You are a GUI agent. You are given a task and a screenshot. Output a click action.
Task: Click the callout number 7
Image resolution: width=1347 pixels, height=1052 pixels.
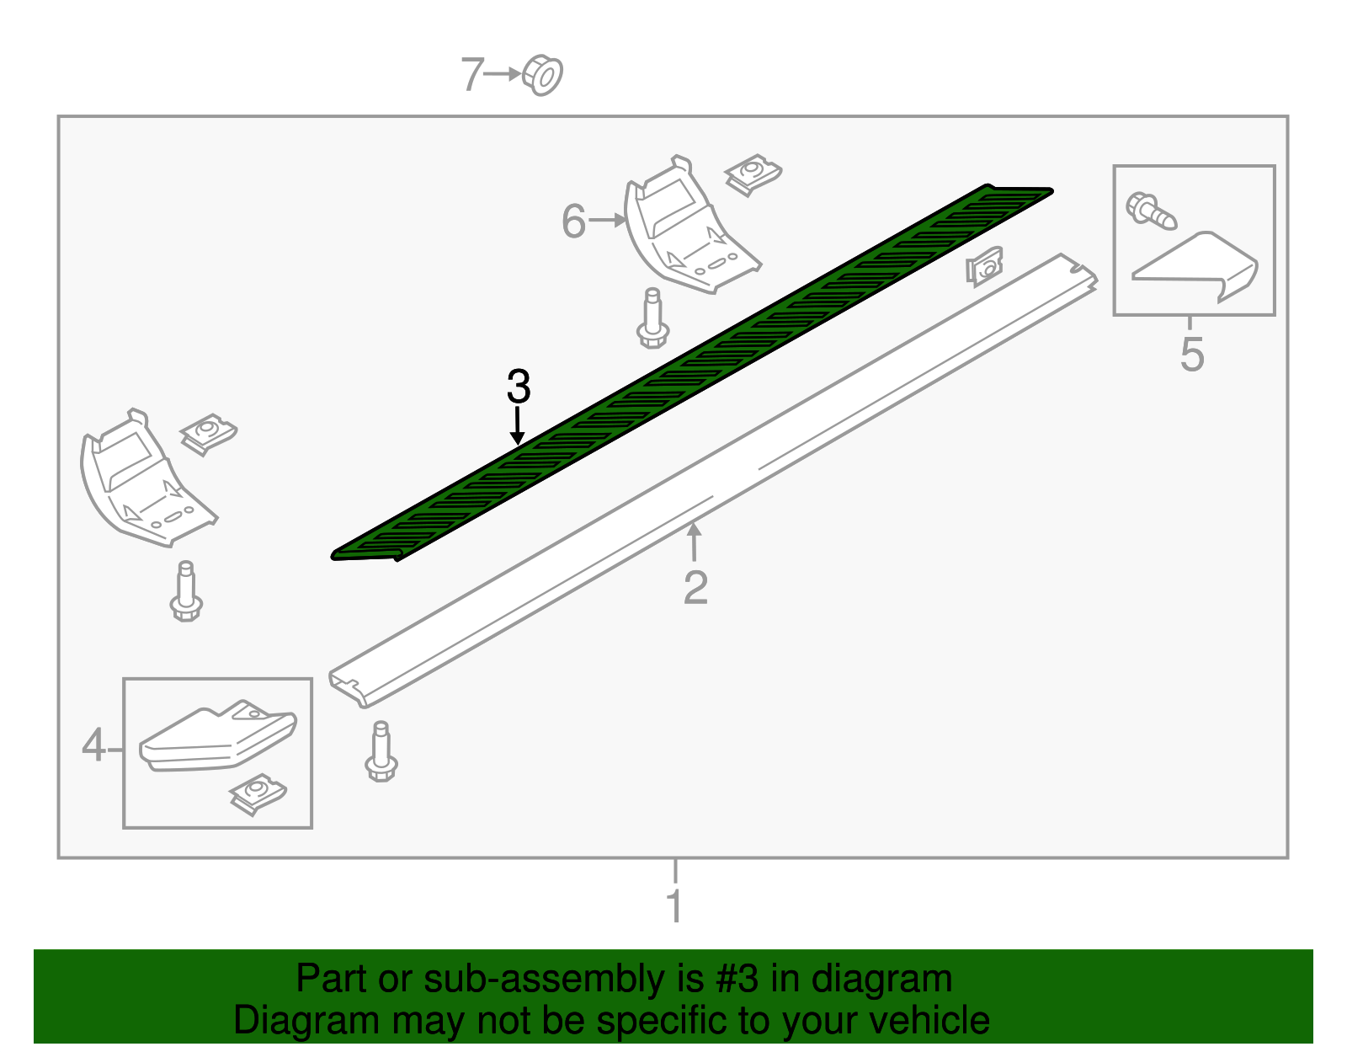[x=472, y=75]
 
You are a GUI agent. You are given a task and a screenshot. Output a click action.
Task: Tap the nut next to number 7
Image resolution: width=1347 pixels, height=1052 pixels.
[x=543, y=76]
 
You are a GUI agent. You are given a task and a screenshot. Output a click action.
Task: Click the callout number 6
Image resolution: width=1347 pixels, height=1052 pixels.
[x=573, y=222]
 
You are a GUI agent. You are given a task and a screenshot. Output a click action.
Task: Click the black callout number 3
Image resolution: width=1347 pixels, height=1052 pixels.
[x=519, y=387]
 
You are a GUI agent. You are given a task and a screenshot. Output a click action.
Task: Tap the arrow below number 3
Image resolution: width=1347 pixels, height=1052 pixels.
[x=518, y=425]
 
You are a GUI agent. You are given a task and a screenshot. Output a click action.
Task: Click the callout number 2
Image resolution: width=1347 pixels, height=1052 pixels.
[x=695, y=588]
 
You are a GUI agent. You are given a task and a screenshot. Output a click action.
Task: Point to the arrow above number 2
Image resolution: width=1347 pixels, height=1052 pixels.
[x=694, y=542]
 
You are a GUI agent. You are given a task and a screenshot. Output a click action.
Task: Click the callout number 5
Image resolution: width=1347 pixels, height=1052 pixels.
[x=1191, y=355]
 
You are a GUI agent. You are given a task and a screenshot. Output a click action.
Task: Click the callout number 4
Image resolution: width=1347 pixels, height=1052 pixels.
[x=94, y=746]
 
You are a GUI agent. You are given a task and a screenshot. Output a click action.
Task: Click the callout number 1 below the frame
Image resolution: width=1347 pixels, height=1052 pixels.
[x=673, y=906]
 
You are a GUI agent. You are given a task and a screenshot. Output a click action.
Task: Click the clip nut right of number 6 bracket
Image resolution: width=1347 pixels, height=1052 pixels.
[x=753, y=175]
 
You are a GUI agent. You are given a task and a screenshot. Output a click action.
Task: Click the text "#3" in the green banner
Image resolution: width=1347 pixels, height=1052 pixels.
[x=737, y=980]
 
